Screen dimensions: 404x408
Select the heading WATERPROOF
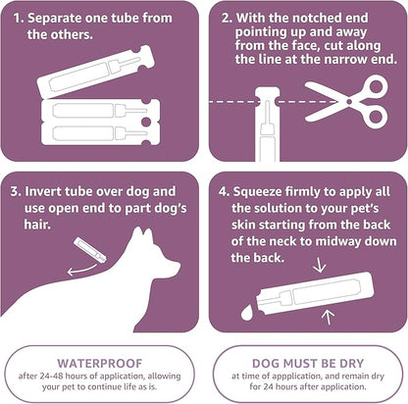pyautogui.click(x=101, y=360)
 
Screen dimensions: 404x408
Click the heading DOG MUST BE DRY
pyautogui.click(x=308, y=360)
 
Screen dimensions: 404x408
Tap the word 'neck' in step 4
pyautogui.click(x=284, y=241)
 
